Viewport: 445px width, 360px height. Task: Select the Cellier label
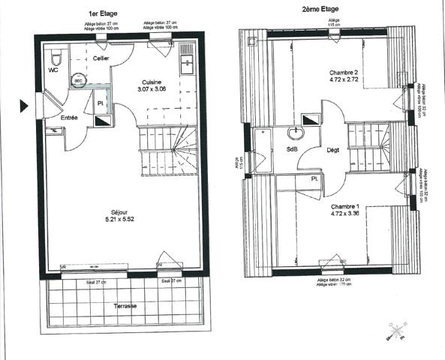click(x=102, y=58)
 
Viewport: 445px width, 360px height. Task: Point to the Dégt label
click(x=332, y=150)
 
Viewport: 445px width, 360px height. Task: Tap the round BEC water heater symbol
click(x=78, y=82)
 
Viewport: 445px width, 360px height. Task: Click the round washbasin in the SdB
click(x=295, y=134)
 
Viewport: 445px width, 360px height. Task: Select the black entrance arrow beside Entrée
click(x=25, y=106)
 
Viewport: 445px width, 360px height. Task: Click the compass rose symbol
click(x=395, y=331)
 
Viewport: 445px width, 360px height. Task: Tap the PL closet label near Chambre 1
click(x=315, y=179)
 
